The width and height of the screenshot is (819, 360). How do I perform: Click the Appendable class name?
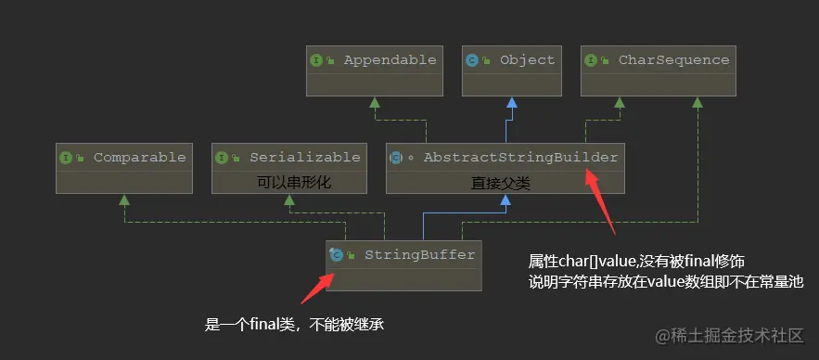click(390, 60)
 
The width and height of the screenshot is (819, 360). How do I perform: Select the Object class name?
click(527, 60)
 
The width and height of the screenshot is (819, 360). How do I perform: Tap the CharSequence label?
click(673, 60)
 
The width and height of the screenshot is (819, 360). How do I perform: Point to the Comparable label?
click(139, 157)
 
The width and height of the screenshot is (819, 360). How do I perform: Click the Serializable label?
click(304, 157)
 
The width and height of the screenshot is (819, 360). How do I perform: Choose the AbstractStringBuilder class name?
click(520, 157)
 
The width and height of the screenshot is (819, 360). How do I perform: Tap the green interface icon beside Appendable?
click(316, 60)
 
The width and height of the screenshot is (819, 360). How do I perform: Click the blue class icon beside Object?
click(472, 60)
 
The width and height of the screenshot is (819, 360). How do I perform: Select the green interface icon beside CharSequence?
click(591, 60)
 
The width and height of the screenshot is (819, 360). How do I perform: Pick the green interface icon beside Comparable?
click(66, 158)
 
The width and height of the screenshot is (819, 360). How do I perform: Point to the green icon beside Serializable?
click(222, 158)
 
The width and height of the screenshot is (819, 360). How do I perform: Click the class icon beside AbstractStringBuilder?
click(395, 158)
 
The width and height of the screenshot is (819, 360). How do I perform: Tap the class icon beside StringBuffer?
click(336, 254)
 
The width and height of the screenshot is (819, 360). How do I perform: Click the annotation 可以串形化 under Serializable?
click(294, 183)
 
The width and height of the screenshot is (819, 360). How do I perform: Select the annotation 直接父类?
click(500, 183)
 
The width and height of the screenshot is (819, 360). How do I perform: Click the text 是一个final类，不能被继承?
click(294, 325)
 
